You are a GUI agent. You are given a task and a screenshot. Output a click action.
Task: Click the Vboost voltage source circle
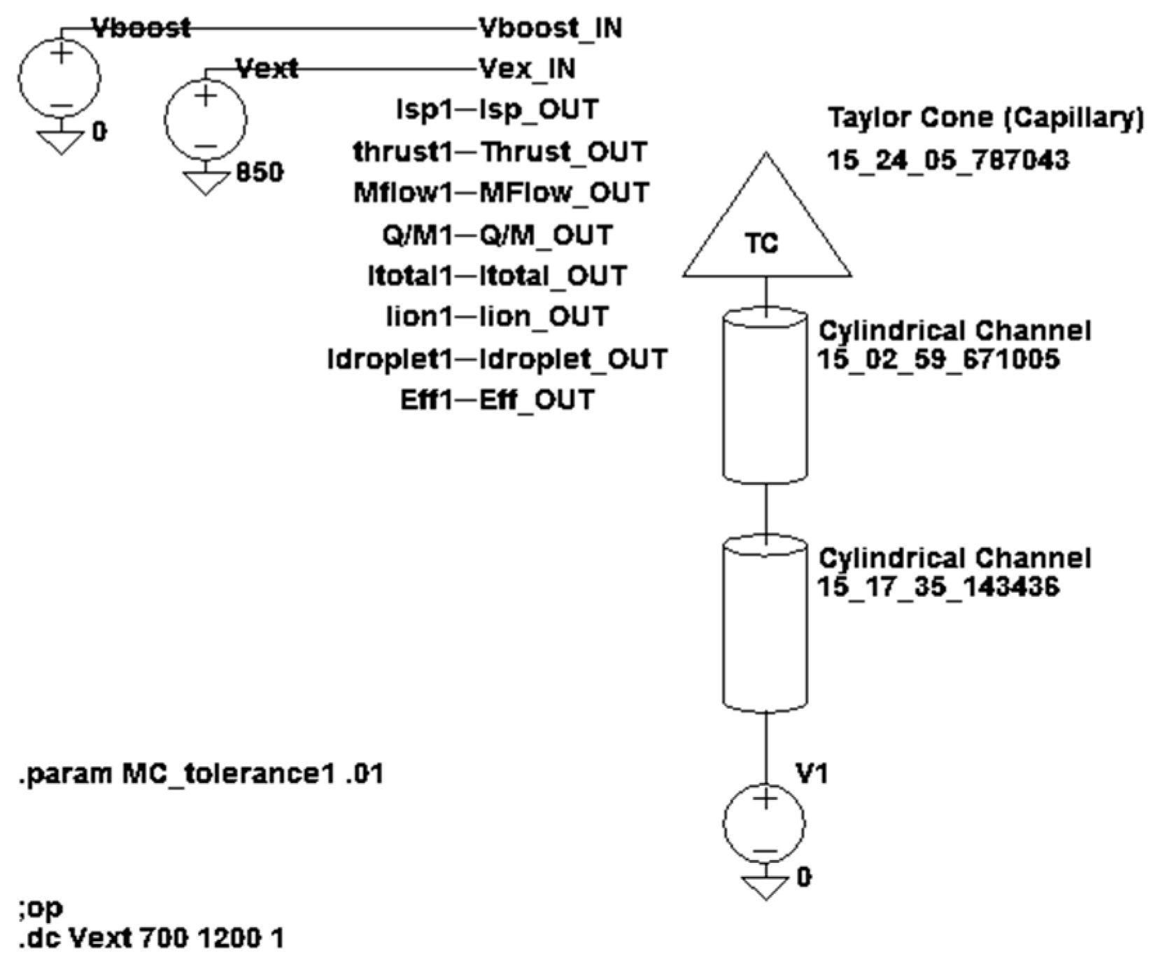coord(59,78)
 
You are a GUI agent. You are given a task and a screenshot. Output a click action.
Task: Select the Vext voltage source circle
coord(205,119)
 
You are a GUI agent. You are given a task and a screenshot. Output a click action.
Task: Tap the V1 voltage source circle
coord(765,824)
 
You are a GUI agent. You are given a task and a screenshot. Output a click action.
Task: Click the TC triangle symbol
coord(765,231)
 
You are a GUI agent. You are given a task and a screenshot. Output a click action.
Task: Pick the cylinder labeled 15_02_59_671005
coord(765,395)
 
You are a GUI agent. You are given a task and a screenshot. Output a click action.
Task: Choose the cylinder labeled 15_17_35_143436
coord(765,624)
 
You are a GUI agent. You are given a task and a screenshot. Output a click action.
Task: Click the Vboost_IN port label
coord(550,29)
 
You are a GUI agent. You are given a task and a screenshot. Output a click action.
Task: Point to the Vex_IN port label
coord(527,69)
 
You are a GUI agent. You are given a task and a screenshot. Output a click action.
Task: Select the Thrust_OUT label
coord(563,152)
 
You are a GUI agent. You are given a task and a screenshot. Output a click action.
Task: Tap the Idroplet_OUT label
coord(573,359)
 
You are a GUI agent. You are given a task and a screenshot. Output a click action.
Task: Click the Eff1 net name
coord(426,400)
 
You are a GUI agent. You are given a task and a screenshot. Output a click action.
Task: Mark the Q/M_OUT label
coord(546,235)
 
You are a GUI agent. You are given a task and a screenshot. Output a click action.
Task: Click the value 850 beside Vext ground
coord(260,172)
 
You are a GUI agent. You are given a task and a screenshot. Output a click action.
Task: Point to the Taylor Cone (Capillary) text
coord(985,118)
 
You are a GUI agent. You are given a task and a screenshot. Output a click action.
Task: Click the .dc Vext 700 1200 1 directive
coord(151,938)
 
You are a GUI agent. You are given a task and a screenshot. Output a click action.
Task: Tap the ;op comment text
coord(41,908)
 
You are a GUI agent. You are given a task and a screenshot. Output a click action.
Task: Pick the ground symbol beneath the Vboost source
coord(60,143)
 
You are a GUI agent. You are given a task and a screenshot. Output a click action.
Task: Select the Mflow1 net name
coord(403,193)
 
